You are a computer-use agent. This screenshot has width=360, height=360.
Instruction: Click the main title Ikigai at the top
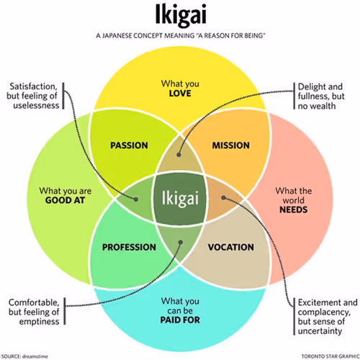pyautogui.click(x=180, y=15)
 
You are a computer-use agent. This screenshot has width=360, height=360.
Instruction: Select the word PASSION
pyautogui.click(x=129, y=145)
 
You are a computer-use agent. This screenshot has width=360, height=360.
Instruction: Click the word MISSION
pyautogui.click(x=230, y=145)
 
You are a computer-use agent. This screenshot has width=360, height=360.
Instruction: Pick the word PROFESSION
pyautogui.click(x=129, y=247)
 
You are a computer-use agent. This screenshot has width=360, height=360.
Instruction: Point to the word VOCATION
pyautogui.click(x=230, y=247)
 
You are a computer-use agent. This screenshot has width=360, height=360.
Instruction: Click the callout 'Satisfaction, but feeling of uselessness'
pyautogui.click(x=32, y=96)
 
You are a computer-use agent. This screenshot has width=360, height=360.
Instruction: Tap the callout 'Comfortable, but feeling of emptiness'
pyautogui.click(x=33, y=312)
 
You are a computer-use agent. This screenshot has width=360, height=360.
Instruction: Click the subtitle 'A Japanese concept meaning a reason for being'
pyautogui.click(x=180, y=35)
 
